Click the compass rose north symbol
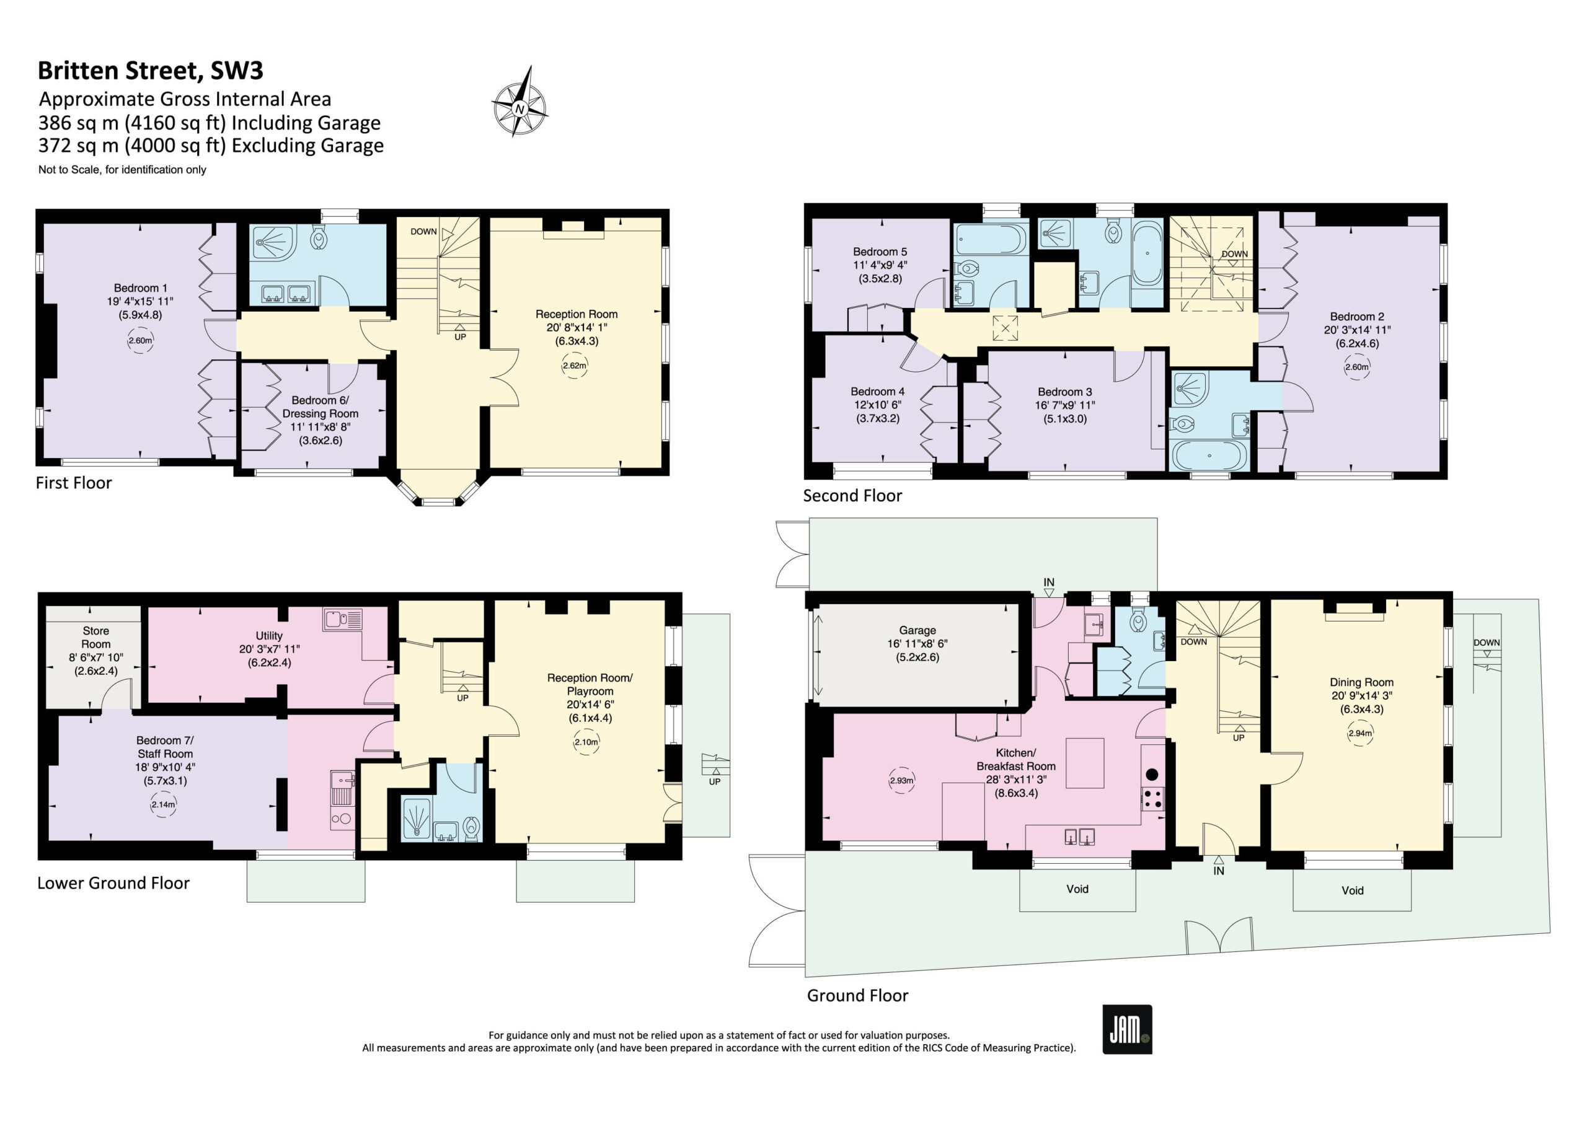coord(519,102)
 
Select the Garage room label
coord(917,643)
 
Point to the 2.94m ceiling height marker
coord(1359,733)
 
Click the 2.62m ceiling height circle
coord(575,366)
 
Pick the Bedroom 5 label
coord(880,265)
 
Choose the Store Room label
coord(95,650)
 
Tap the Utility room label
coord(269,649)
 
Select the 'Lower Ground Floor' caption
coord(113,882)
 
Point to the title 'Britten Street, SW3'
coord(150,71)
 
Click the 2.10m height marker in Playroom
coord(586,742)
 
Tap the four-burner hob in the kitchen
coord(1152,798)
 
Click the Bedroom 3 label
coord(1064,405)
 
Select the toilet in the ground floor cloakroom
coord(1138,622)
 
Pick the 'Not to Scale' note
coord(122,169)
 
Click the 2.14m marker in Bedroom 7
coord(163,804)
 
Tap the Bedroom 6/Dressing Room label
coord(320,420)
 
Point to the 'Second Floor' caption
coord(852,496)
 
